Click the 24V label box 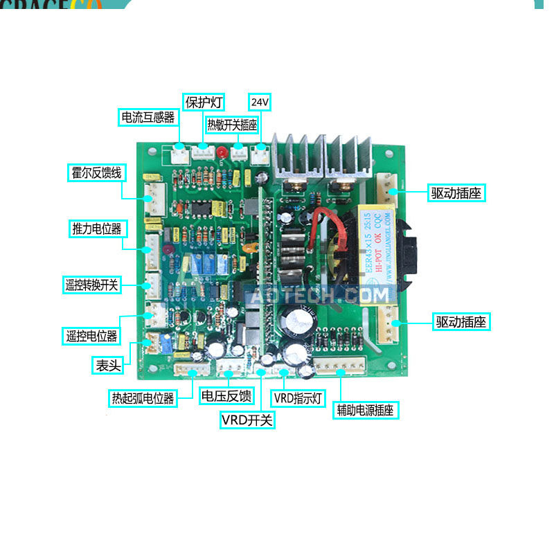coord(260,102)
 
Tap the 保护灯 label coord(204,102)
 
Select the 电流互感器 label coord(148,117)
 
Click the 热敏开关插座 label coord(232,125)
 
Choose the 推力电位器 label coord(96,229)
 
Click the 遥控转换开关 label coord(91,285)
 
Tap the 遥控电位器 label coord(91,337)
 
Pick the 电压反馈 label coord(226,396)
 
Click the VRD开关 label coord(247,419)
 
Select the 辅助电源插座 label coord(365,410)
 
